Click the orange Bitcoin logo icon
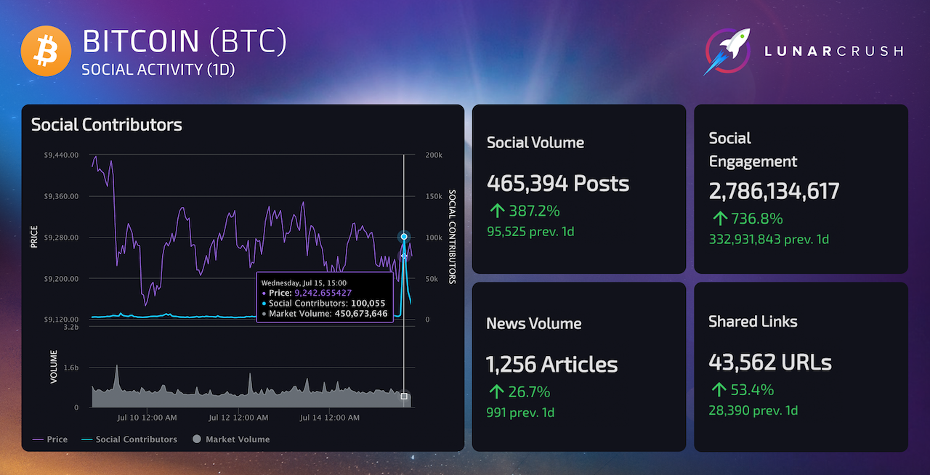44,51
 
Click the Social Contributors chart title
106,125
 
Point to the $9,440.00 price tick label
61,155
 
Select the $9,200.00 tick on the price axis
61,279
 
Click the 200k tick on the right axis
433,155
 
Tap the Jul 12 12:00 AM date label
238,418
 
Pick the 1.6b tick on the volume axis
71,368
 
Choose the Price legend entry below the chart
50,439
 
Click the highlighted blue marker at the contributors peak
404,237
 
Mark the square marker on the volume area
404,396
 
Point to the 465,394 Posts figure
558,183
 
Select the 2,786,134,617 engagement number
774,191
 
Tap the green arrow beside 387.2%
497,211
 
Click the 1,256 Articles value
551,364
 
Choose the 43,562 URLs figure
770,362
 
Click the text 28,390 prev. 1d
753,410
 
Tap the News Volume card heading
533,323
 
